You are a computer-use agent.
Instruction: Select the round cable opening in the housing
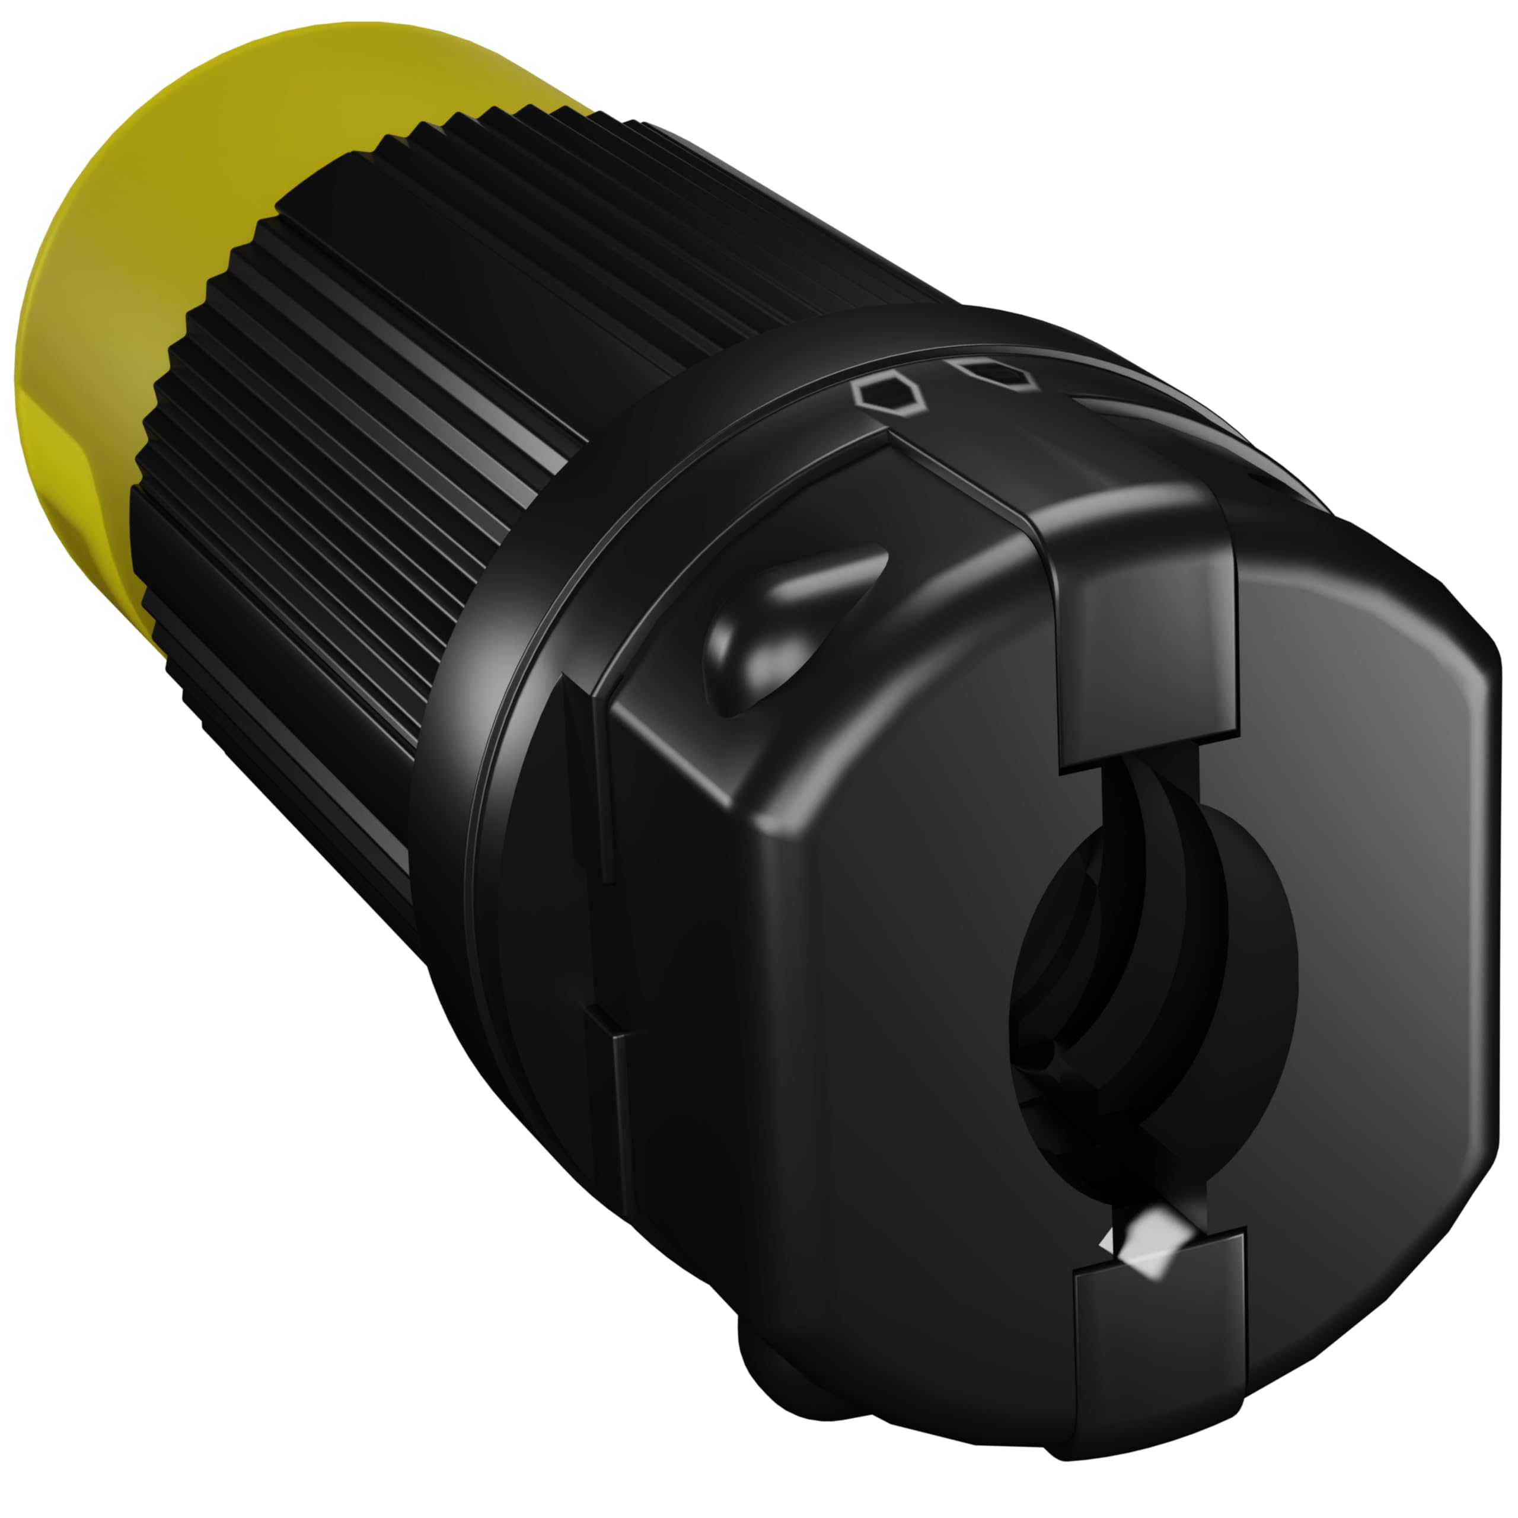click(x=1155, y=982)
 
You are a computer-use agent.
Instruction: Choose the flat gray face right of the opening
click(x=1375, y=904)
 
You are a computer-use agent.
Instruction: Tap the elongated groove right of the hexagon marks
click(x=1116, y=409)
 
